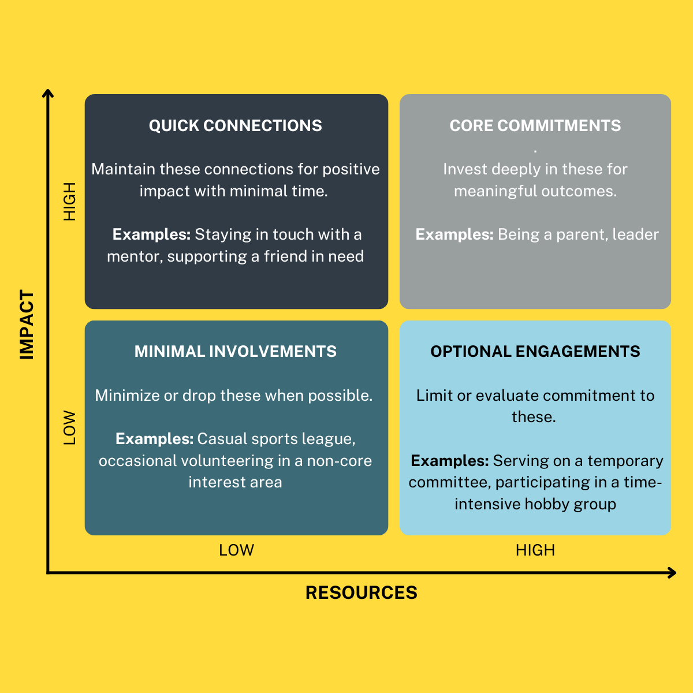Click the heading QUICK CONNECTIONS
pos(236,126)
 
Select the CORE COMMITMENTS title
pos(535,126)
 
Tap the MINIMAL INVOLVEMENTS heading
pos(236,352)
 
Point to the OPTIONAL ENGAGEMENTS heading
pos(535,352)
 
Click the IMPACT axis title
pos(27,325)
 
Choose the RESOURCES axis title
pos(362,593)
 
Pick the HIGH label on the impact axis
pos(69,202)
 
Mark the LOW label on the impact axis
pos(69,428)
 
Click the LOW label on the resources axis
pos(236,550)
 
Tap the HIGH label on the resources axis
pos(535,550)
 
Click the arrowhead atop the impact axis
pos(49,94)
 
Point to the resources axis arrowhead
pos(672,573)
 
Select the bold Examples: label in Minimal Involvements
pos(154,439)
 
